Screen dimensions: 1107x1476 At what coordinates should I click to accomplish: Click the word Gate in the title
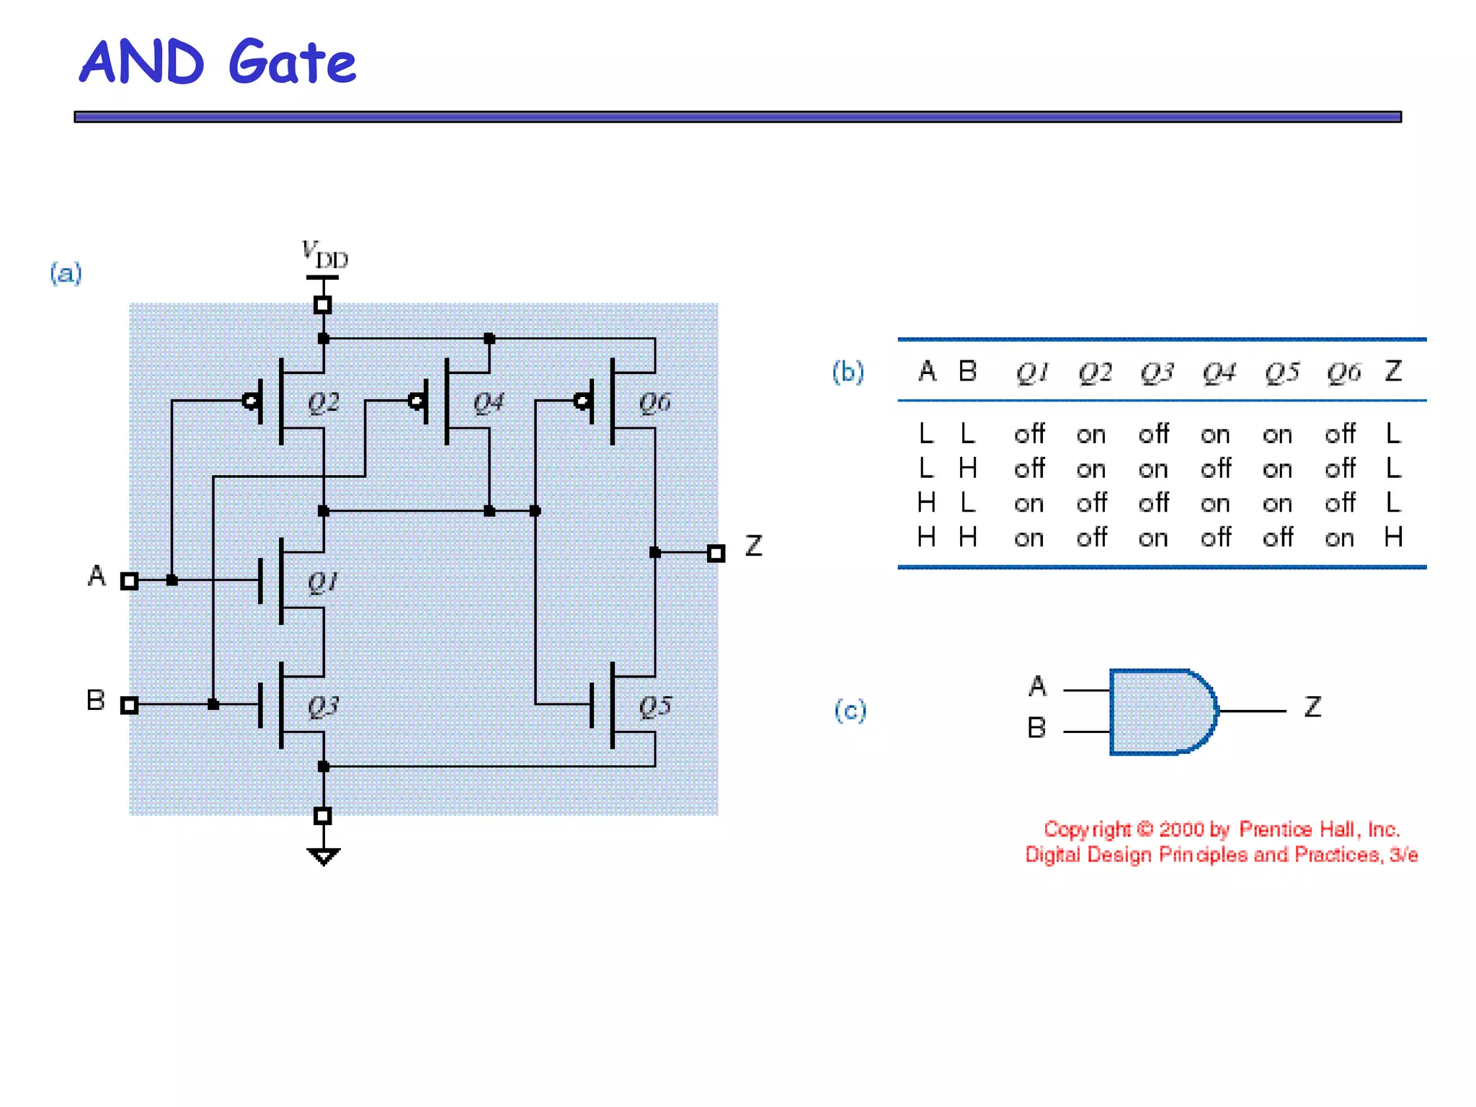coord(292,63)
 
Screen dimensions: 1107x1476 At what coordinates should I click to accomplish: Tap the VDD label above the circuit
coord(324,254)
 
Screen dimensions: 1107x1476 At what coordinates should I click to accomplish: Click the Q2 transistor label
coord(324,402)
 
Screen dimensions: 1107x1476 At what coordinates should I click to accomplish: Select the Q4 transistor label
coord(489,402)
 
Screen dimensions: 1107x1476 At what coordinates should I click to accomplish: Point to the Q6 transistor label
coord(654,402)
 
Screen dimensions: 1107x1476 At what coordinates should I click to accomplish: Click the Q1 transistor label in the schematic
coord(322,582)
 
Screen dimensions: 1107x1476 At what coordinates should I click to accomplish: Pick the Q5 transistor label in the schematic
coord(654,706)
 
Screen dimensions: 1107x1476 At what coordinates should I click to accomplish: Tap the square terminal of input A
coord(130,581)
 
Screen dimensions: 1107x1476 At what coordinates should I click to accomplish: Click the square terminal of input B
coord(130,705)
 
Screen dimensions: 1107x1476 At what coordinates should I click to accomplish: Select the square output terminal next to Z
coord(716,553)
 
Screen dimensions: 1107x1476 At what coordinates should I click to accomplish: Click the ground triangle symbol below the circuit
coord(323,856)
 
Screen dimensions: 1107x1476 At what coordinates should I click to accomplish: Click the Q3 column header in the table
coord(1157,373)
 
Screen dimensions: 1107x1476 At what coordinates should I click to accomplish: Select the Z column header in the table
coord(1393,371)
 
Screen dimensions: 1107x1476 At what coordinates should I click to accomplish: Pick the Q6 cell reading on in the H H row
coord(1339,538)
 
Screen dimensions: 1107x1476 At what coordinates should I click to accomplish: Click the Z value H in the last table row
coord(1393,537)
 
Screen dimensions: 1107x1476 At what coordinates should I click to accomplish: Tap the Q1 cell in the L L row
coord(1029,435)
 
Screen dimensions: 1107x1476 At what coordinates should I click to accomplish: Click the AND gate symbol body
coord(1160,712)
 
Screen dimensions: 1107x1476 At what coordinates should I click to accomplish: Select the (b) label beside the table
coord(848,372)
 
